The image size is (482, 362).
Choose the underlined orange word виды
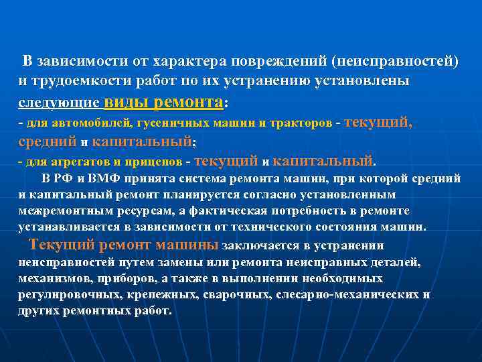coord(128,102)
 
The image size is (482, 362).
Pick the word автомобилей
coord(100,124)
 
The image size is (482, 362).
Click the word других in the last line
coord(39,312)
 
